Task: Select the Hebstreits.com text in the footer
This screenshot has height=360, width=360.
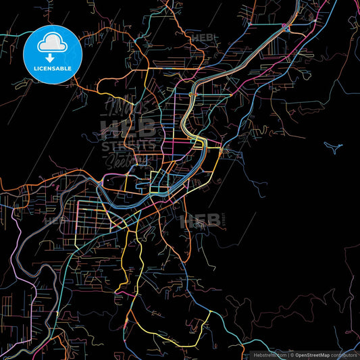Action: tap(269, 354)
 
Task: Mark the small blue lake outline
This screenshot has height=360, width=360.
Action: tap(332, 146)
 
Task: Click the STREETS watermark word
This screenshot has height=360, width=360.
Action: tap(128, 145)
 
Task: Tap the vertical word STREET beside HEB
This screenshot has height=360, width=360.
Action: tap(223, 220)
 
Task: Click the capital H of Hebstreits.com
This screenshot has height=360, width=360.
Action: tap(255, 354)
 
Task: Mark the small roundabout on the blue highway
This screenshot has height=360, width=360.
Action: tap(286, 26)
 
